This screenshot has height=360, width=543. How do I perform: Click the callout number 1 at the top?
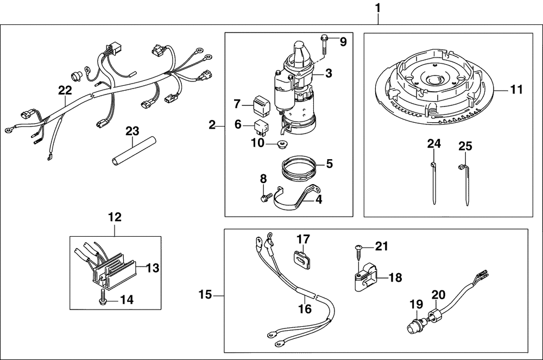point(378,9)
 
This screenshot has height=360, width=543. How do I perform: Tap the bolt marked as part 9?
point(324,43)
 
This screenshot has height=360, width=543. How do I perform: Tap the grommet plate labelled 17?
point(302,258)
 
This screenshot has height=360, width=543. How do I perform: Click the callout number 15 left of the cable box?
point(205,295)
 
